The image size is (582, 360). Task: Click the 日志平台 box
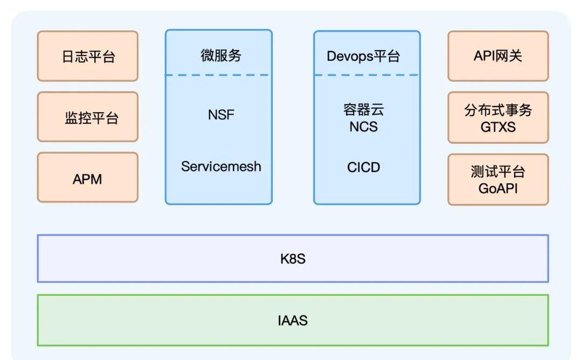[x=88, y=56]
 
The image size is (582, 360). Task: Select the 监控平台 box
[x=88, y=117]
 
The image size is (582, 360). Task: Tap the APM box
[x=88, y=177]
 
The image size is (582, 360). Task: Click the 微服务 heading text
[x=221, y=56]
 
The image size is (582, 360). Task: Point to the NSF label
[x=221, y=115]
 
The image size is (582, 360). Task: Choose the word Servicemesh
[x=221, y=167]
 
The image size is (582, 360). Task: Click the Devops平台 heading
[x=363, y=57]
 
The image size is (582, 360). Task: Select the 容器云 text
[x=363, y=109]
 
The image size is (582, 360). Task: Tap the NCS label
[x=363, y=127]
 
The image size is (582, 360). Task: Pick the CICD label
[x=363, y=168]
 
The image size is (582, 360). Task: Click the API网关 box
[x=498, y=56]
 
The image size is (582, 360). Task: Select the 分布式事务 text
[x=498, y=110]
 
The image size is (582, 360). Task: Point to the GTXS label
[x=498, y=127]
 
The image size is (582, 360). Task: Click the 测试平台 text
[x=498, y=171]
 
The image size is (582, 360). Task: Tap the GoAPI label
[x=498, y=189]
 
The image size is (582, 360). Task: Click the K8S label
[x=293, y=259]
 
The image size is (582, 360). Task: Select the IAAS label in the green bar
[x=293, y=320]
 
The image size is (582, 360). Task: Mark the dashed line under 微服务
[x=218, y=75]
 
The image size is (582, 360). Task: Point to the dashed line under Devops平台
[x=366, y=75]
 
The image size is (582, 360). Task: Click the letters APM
[x=87, y=179]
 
